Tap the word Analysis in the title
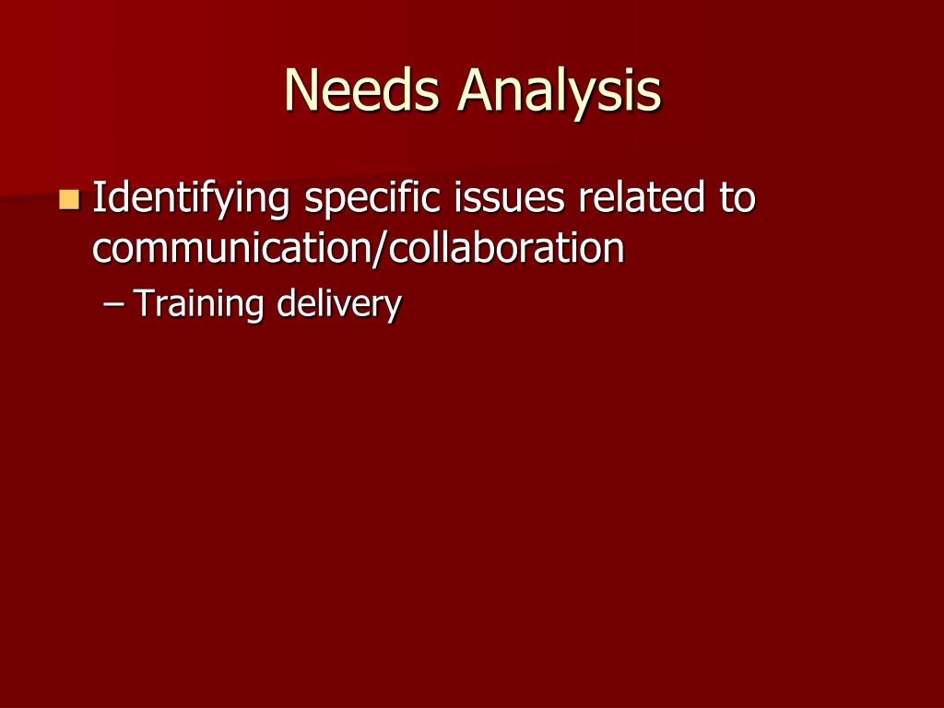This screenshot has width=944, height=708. pyautogui.click(x=560, y=92)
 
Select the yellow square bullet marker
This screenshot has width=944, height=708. pyautogui.click(x=68, y=198)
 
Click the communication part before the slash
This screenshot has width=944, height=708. pyautogui.click(x=230, y=249)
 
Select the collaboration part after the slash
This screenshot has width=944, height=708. pyautogui.click(x=501, y=249)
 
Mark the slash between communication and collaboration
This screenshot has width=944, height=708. pyautogui.click(x=373, y=250)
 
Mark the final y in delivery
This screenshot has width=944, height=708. pyautogui.click(x=393, y=308)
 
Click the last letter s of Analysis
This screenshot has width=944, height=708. pyautogui.click(x=650, y=94)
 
